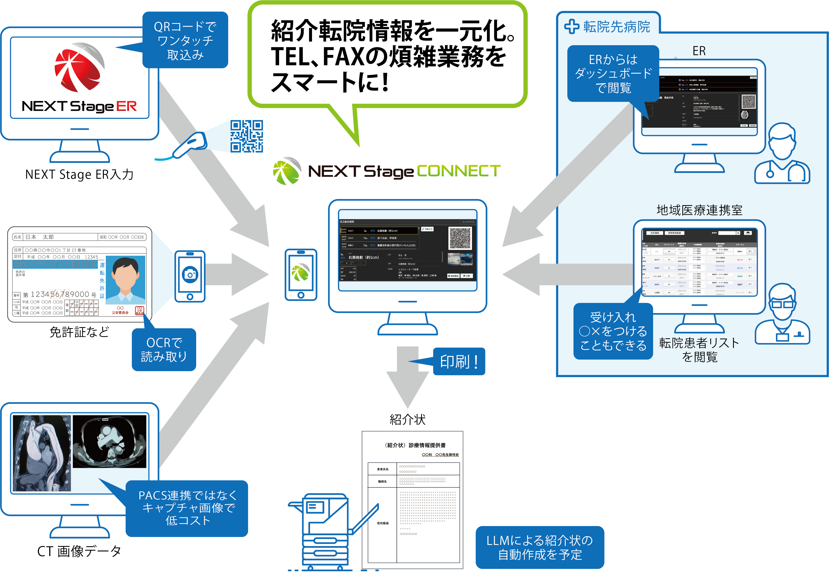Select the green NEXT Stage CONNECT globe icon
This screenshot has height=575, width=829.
[287, 171]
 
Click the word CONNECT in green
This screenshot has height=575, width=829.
[458, 171]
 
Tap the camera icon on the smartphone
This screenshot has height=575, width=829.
[190, 275]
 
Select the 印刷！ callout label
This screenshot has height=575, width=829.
[459, 361]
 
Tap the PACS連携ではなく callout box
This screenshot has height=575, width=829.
[187, 508]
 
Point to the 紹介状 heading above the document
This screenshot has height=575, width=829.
[407, 419]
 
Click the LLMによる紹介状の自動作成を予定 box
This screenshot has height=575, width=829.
[540, 547]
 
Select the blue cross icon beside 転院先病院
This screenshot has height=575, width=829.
[572, 27]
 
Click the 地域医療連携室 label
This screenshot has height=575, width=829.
[699, 210]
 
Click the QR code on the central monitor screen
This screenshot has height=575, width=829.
[460, 238]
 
